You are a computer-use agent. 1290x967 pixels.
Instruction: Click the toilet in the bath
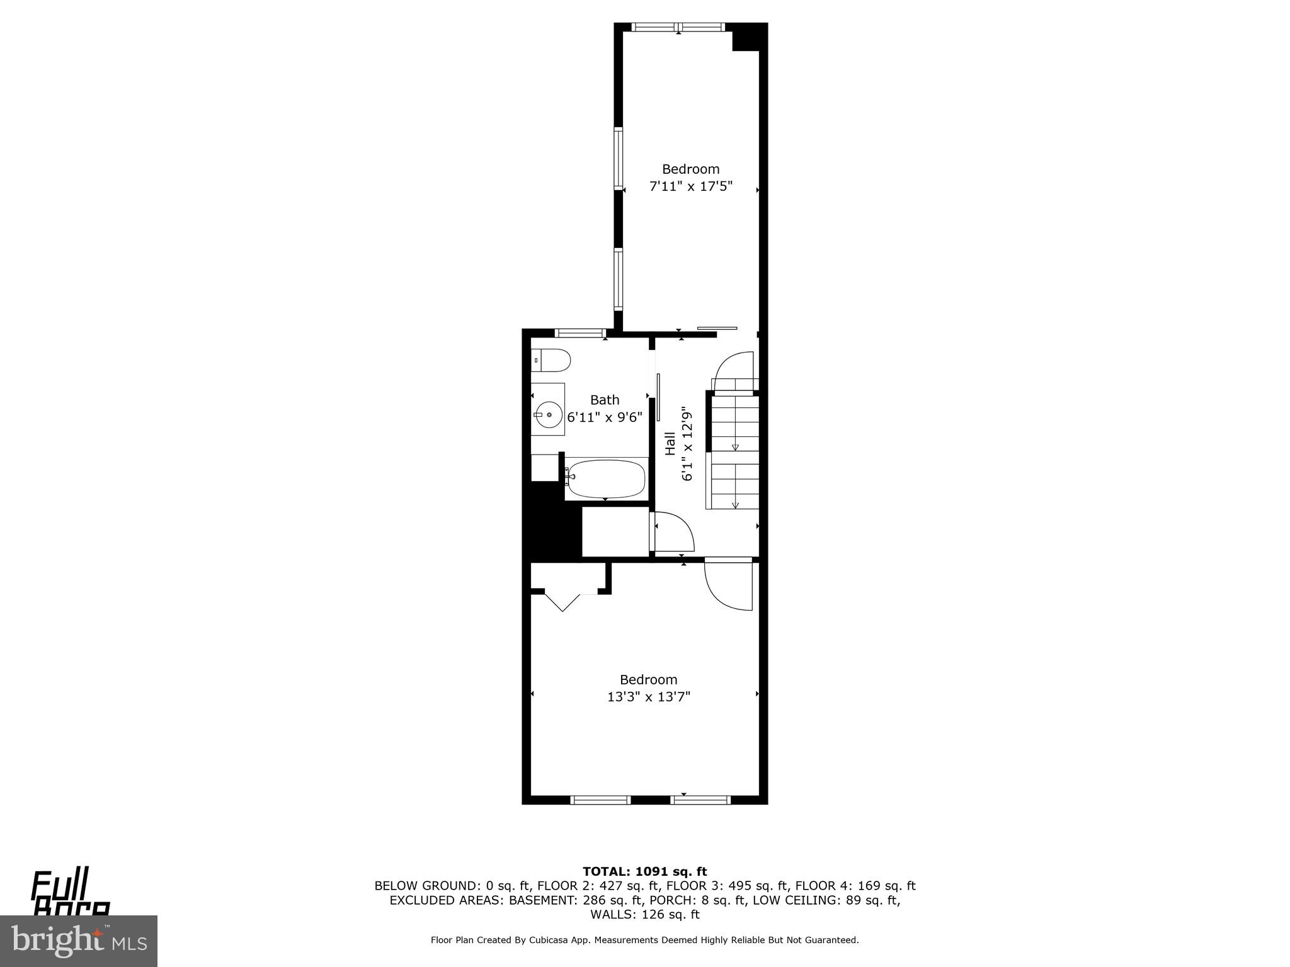[551, 361]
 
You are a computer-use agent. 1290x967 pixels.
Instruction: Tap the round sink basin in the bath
[549, 415]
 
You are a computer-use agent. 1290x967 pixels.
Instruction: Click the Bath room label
[605, 400]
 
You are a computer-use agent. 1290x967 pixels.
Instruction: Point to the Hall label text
[670, 443]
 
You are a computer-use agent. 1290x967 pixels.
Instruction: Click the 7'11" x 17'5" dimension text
[691, 186]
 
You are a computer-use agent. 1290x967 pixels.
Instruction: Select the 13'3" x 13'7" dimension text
[648, 697]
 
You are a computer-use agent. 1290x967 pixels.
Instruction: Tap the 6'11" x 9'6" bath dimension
[605, 417]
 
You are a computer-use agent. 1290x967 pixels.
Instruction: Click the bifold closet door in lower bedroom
[562, 601]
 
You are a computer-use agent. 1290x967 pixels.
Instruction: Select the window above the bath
[580, 333]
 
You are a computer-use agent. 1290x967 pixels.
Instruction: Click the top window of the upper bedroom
[678, 27]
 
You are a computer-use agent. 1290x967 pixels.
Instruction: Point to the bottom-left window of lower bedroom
[600, 800]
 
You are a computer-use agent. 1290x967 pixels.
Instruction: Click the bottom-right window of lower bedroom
[700, 800]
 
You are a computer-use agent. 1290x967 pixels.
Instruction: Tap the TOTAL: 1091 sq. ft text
[644, 872]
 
